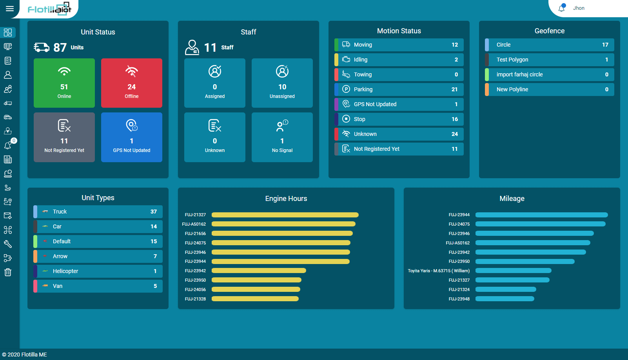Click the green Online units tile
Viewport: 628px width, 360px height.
point(64,83)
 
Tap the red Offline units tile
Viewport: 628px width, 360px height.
point(132,83)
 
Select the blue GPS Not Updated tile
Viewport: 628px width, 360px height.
point(132,137)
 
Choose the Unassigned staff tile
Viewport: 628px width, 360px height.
point(282,83)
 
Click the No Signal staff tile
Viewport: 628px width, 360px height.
point(282,137)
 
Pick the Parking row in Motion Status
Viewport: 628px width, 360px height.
point(399,89)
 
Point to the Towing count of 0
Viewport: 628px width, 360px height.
point(456,74)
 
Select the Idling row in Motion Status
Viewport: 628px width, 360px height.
point(399,60)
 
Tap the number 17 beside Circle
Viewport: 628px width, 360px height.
point(605,45)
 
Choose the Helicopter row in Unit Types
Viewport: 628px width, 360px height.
point(98,271)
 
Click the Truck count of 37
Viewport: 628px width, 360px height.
point(154,212)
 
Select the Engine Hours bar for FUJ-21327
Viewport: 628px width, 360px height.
point(285,215)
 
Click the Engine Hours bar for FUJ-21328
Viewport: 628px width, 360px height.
point(255,299)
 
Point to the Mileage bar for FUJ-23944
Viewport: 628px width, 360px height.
point(541,215)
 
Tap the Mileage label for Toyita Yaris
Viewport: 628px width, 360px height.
point(439,271)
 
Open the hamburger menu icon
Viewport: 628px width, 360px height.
point(10,9)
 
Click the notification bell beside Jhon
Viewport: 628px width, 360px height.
point(562,8)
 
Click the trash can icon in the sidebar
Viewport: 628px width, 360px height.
point(8,272)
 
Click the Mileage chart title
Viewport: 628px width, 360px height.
point(512,199)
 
